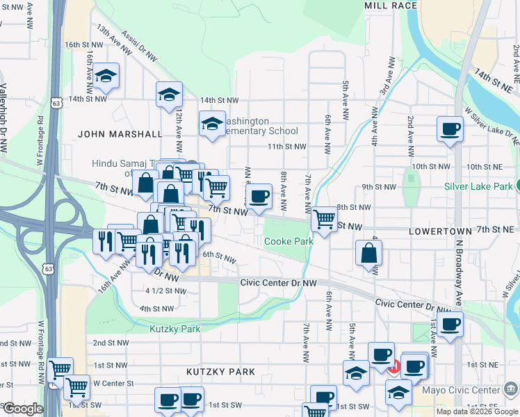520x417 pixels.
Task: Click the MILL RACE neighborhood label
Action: (391, 6)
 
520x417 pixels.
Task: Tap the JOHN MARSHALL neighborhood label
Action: (120, 133)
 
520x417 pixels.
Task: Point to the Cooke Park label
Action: (289, 241)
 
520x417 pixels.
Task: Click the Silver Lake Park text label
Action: (478, 186)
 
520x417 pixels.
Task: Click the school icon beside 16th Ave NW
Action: (106, 76)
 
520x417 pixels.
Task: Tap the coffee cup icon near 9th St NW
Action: (259, 196)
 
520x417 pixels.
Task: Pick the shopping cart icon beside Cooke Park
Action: (324, 219)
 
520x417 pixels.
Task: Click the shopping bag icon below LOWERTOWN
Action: (368, 253)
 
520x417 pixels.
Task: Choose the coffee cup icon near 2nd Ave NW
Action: (450, 129)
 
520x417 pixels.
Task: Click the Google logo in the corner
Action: (22, 409)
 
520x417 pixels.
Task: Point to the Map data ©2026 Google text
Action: (477, 411)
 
